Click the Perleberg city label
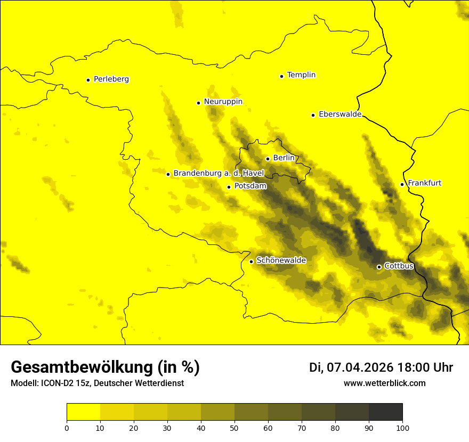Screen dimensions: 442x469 click(111, 79)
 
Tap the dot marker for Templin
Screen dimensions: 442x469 click(281, 76)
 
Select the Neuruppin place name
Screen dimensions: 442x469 click(223, 102)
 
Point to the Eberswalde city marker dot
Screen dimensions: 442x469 click(313, 115)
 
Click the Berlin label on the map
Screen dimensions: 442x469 click(284, 158)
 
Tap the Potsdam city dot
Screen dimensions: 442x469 click(229, 187)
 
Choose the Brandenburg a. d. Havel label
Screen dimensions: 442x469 click(219, 174)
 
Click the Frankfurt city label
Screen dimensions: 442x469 click(424, 183)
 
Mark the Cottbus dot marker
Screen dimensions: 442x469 click(379, 267)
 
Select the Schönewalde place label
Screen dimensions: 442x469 click(281, 260)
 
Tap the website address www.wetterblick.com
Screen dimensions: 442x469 click(384, 383)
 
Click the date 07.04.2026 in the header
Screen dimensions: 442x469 click(360, 367)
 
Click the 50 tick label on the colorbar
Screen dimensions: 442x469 click(234, 428)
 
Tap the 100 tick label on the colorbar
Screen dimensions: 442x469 click(402, 428)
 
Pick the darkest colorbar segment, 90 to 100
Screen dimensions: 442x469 click(385, 412)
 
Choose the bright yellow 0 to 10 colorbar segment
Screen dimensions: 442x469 click(84, 412)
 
